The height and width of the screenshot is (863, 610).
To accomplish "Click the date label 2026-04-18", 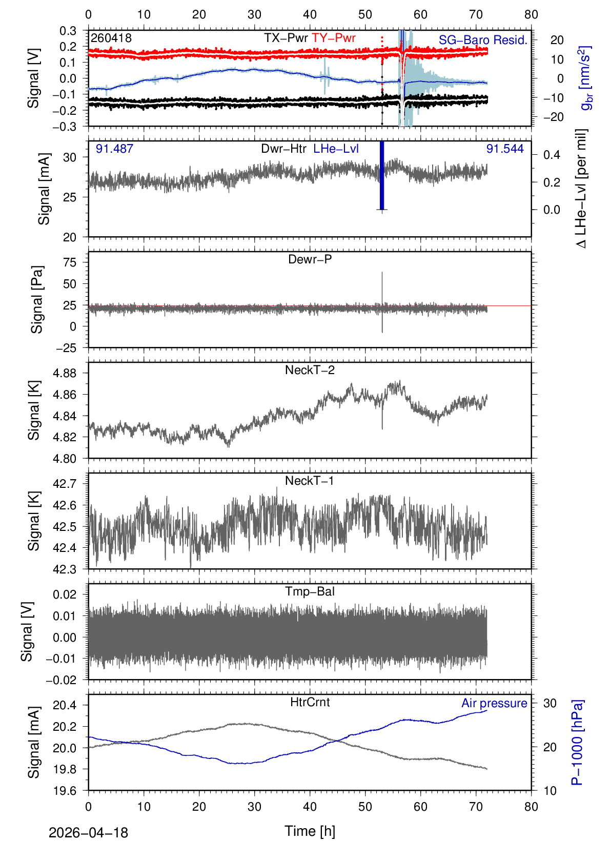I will click(88, 833).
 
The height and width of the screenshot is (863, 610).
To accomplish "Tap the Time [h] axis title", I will click(310, 831).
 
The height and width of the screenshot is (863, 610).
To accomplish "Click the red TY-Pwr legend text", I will click(333, 38).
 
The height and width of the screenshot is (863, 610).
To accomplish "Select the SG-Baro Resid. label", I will click(483, 40).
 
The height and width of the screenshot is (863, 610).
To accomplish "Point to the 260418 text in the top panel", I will click(111, 38).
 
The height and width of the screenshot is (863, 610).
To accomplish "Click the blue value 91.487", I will click(114, 149).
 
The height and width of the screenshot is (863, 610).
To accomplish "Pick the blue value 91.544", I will click(505, 149).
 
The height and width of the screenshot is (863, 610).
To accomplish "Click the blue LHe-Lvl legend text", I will click(336, 149).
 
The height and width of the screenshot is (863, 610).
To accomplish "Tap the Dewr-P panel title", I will click(310, 259).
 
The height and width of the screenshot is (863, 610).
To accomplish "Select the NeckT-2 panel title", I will click(310, 370).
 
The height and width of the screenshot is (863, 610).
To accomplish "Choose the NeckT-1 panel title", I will click(310, 481).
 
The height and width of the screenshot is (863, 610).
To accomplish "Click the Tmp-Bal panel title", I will click(310, 591).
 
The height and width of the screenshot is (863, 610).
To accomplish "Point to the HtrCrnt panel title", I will click(310, 702).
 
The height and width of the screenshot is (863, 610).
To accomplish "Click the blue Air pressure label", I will click(494, 703).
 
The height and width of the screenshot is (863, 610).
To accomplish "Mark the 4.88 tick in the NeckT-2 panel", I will click(65, 373).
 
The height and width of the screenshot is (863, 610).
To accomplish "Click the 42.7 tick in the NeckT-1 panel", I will click(65, 484).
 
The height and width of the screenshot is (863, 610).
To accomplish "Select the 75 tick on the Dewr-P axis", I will click(70, 262).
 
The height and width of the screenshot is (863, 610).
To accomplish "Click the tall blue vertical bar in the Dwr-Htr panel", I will click(382, 174).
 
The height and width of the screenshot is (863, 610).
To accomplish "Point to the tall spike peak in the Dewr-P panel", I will click(382, 273).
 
